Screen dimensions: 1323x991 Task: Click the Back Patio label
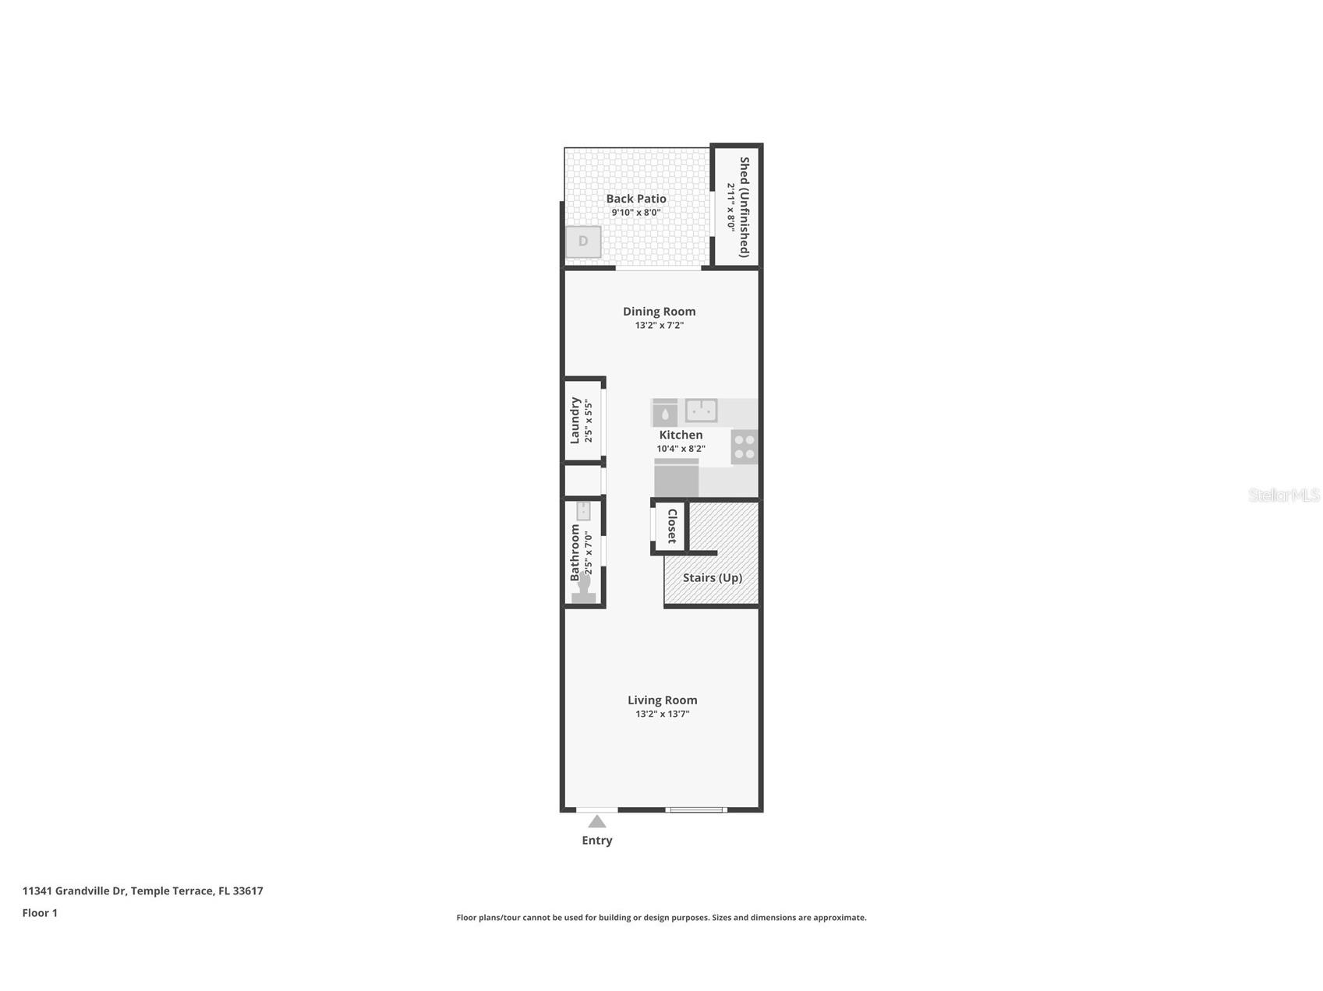pyautogui.click(x=636, y=199)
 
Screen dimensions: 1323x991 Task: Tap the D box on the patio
pyautogui.click(x=583, y=242)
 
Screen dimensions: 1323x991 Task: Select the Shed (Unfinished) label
pyautogui.click(x=745, y=206)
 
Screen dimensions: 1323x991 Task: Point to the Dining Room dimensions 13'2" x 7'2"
pyautogui.click(x=659, y=326)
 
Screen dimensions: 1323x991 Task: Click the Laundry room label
pyautogui.click(x=575, y=421)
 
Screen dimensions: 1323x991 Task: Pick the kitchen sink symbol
pyautogui.click(x=702, y=411)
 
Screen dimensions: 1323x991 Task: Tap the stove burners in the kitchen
pyautogui.click(x=745, y=446)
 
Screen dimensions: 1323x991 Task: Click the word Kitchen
pyautogui.click(x=681, y=435)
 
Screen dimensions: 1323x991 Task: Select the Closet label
pyautogui.click(x=672, y=526)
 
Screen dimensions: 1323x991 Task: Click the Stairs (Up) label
pyautogui.click(x=713, y=577)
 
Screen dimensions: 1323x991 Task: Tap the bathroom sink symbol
pyautogui.click(x=583, y=511)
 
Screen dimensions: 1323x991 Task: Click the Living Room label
pyautogui.click(x=662, y=700)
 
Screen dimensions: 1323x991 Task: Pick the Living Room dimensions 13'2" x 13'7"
pyautogui.click(x=662, y=714)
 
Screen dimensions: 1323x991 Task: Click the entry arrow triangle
pyautogui.click(x=597, y=821)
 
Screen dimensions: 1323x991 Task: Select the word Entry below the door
pyautogui.click(x=597, y=840)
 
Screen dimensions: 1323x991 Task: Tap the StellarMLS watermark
pyautogui.click(x=1284, y=495)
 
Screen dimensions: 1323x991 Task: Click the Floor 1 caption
pyautogui.click(x=40, y=913)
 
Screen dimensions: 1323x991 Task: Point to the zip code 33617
pyautogui.click(x=248, y=890)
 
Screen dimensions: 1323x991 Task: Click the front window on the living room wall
pyautogui.click(x=696, y=810)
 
